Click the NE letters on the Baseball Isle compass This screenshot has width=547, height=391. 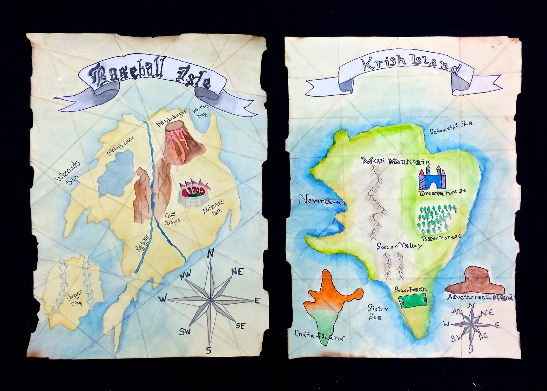point(237,272)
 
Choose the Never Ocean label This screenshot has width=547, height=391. point(322,201)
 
